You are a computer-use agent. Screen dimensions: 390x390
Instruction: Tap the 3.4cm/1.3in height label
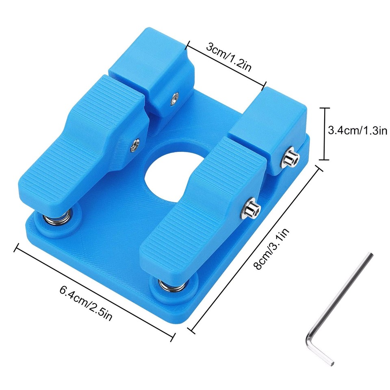[x=357, y=131]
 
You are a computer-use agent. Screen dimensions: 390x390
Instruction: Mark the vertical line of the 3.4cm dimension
[x=324, y=134]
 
